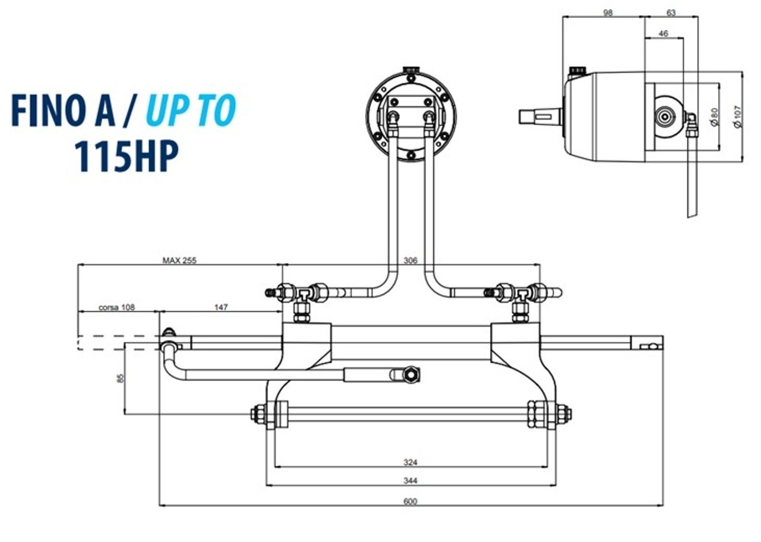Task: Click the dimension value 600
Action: (x=410, y=500)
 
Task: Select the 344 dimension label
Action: (x=410, y=481)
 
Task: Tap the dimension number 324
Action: (x=410, y=462)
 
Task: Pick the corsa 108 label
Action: (x=117, y=307)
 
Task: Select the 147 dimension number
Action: (x=221, y=307)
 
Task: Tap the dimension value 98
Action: (x=608, y=12)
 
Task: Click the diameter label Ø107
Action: (x=737, y=117)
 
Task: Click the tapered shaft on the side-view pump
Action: (x=540, y=117)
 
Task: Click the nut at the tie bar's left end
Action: (x=257, y=413)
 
